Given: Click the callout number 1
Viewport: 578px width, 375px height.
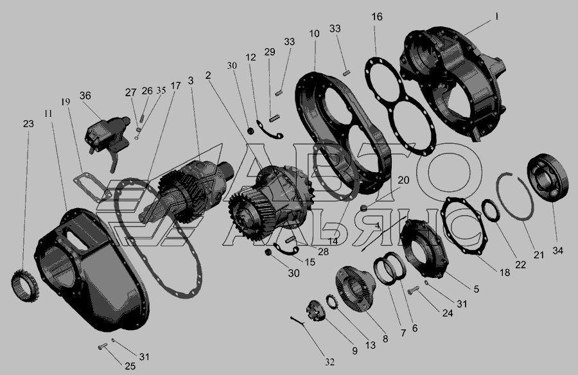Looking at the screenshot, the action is click(496, 17).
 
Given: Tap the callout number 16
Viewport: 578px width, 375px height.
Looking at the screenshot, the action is click(377, 17).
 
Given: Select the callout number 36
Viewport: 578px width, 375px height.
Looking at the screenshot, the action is click(85, 96).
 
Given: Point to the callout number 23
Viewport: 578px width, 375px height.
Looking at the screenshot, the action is click(28, 124).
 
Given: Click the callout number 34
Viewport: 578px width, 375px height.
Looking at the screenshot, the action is click(557, 250).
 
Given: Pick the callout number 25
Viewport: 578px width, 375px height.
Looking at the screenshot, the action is click(130, 366).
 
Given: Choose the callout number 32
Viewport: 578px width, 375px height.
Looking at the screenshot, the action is click(329, 362).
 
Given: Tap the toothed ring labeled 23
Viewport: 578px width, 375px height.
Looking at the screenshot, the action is click(24, 286).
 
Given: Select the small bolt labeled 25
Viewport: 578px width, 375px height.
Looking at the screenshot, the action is click(102, 346).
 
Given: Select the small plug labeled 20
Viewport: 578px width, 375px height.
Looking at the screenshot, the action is click(363, 208).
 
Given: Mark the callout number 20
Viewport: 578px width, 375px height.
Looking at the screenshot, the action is click(404, 180).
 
